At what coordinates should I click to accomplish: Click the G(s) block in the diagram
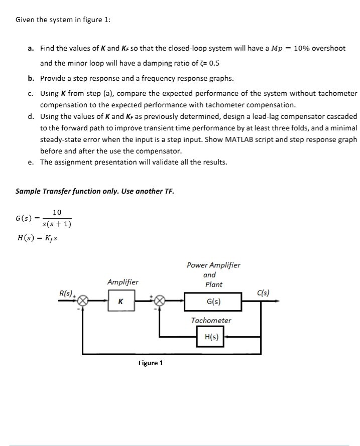(x=213, y=302)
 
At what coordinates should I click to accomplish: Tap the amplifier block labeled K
(x=120, y=302)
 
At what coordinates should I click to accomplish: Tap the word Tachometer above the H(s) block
(x=211, y=320)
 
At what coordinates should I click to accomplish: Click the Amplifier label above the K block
(x=123, y=282)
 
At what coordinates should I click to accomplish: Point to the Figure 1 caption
(x=151, y=363)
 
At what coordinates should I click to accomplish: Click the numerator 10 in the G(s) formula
(x=57, y=212)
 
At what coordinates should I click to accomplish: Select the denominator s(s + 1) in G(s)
(x=57, y=223)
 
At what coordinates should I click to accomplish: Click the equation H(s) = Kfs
(x=37, y=237)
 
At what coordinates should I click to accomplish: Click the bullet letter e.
(x=31, y=162)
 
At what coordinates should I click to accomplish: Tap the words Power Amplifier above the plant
(x=213, y=265)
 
